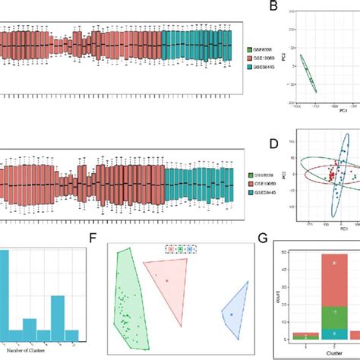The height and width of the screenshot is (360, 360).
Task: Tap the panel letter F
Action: tap(93, 239)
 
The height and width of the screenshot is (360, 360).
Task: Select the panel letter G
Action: tap(263, 240)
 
